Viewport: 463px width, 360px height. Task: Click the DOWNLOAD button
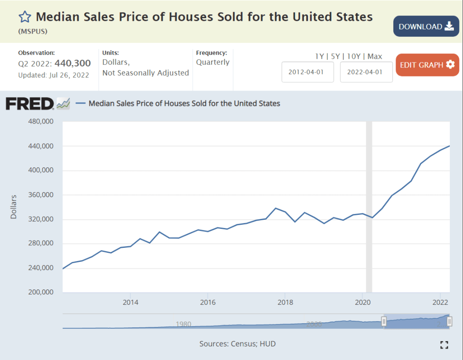(426, 26)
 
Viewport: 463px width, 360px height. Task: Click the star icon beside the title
(25, 17)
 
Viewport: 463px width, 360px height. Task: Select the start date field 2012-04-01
(307, 72)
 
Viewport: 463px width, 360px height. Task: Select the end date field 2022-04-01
(366, 72)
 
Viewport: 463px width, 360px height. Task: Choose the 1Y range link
(320, 57)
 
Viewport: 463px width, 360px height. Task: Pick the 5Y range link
(335, 57)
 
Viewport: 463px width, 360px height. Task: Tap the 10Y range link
(354, 57)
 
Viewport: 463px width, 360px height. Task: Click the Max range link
(375, 57)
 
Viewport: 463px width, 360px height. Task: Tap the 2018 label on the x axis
(285, 302)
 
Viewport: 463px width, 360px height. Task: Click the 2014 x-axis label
(130, 302)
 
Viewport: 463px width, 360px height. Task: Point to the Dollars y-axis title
(14, 207)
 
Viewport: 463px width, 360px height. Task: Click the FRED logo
(30, 104)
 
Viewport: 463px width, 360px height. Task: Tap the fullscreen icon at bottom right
(444, 345)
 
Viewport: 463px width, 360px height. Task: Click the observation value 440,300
(73, 63)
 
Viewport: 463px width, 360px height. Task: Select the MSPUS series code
(33, 32)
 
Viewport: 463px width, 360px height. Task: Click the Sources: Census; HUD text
(237, 344)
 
